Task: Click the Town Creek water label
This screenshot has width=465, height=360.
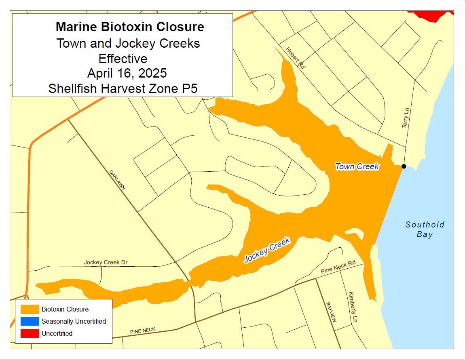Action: (x=357, y=166)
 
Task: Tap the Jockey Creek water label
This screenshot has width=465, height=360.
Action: (x=267, y=251)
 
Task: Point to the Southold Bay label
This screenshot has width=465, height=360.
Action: (x=425, y=229)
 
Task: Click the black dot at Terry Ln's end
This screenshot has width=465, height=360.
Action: (x=404, y=166)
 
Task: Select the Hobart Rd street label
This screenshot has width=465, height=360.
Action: (x=295, y=58)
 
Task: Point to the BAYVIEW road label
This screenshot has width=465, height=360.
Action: (x=331, y=312)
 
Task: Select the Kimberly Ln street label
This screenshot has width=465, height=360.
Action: (x=353, y=307)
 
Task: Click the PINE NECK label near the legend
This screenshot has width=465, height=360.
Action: (x=143, y=331)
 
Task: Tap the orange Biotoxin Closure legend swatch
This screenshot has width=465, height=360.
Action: (x=30, y=309)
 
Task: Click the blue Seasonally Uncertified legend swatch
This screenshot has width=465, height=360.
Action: (x=30, y=321)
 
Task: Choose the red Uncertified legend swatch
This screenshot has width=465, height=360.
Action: (x=30, y=333)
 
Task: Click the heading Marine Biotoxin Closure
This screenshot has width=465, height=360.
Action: (x=130, y=27)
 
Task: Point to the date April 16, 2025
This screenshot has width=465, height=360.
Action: (x=127, y=73)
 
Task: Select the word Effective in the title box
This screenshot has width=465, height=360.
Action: (x=123, y=59)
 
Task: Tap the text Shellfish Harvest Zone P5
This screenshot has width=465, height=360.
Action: (x=123, y=88)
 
